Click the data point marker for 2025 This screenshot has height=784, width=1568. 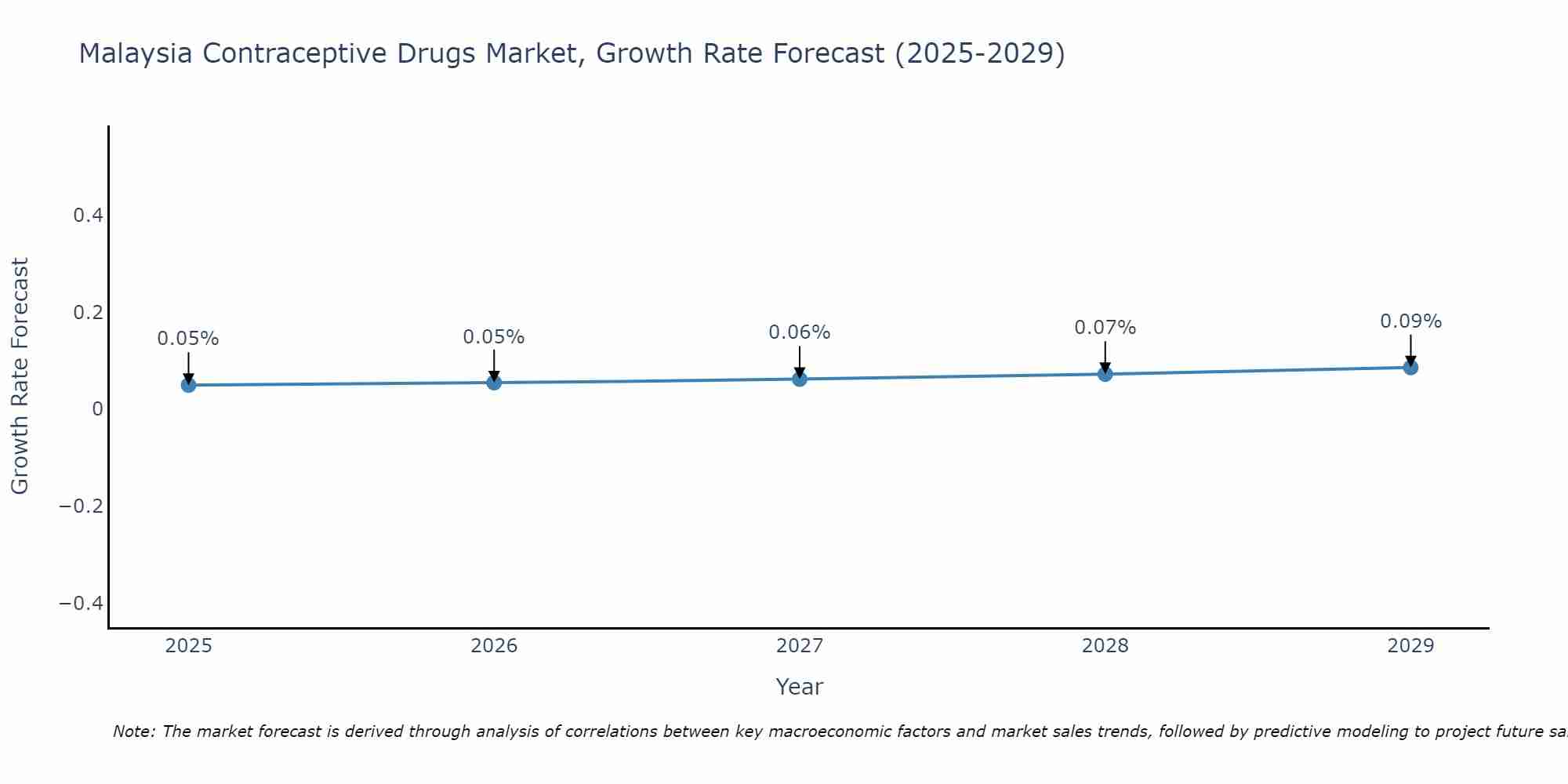tap(188, 385)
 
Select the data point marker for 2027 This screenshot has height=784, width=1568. tap(800, 379)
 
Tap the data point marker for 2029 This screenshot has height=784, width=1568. tap(1410, 367)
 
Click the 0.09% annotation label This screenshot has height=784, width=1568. tap(1410, 321)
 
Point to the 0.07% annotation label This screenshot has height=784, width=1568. tap(1105, 328)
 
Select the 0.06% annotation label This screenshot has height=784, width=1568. tap(799, 332)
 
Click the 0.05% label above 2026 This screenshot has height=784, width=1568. tap(493, 337)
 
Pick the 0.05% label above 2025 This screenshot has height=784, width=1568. tap(188, 339)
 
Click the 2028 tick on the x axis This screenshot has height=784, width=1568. tap(1105, 646)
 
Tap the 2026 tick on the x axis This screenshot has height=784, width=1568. tap(494, 646)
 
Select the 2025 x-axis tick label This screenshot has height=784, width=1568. tap(189, 646)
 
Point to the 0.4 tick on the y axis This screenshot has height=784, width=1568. tap(89, 215)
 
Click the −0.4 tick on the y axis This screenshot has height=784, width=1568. tap(82, 603)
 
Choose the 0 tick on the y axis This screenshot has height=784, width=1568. tap(98, 408)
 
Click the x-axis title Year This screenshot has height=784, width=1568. tap(799, 687)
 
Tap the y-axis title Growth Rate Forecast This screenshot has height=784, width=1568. tap(20, 376)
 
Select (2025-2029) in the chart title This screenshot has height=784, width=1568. tap(979, 53)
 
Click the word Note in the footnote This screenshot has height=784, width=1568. tap(132, 731)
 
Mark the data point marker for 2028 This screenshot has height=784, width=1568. tap(1105, 374)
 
